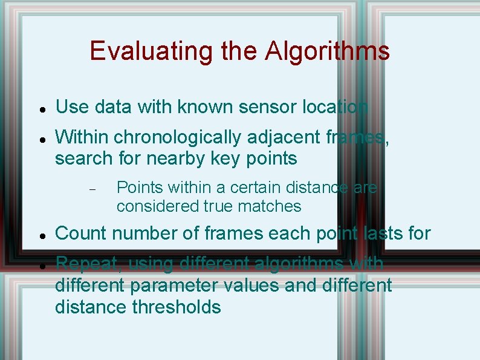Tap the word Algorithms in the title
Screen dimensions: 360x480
[x=327, y=51]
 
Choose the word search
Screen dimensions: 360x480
[x=83, y=159]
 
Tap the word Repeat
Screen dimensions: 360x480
[x=85, y=264]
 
